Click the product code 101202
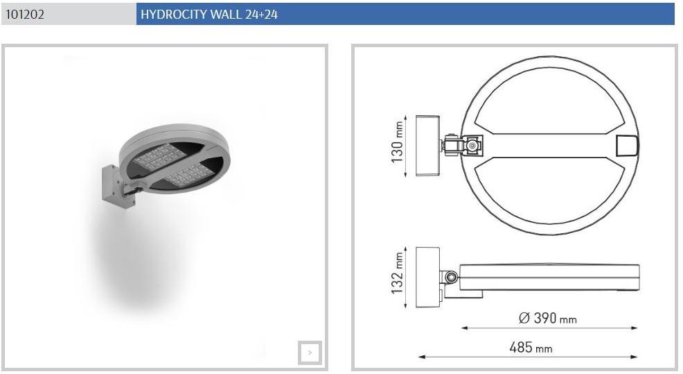tap(25, 15)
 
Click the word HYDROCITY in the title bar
tap(174, 15)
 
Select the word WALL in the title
tap(226, 15)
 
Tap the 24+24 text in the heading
tap(261, 15)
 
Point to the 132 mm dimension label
tap(397, 273)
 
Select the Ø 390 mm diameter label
tap(547, 318)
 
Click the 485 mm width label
tap(531, 348)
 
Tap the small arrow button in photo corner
tap(310, 352)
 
